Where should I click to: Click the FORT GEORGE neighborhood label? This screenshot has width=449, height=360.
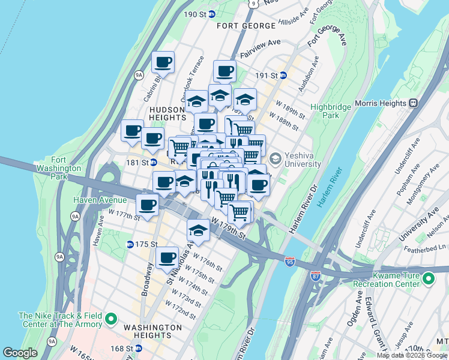click(247, 26)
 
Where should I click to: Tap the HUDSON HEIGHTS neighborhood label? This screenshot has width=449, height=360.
click(169, 114)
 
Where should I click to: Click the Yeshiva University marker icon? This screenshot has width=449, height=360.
click(276, 158)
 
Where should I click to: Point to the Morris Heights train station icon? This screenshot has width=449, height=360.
click(414, 103)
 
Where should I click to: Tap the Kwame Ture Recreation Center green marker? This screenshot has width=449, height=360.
click(428, 278)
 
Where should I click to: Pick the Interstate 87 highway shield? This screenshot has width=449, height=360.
click(316, 276)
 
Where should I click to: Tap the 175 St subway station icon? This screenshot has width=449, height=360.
click(130, 244)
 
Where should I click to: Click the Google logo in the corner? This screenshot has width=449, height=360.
click(20, 353)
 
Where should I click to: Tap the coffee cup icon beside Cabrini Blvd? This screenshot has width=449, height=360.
click(163, 62)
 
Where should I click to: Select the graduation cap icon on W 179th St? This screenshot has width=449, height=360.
click(197, 230)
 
